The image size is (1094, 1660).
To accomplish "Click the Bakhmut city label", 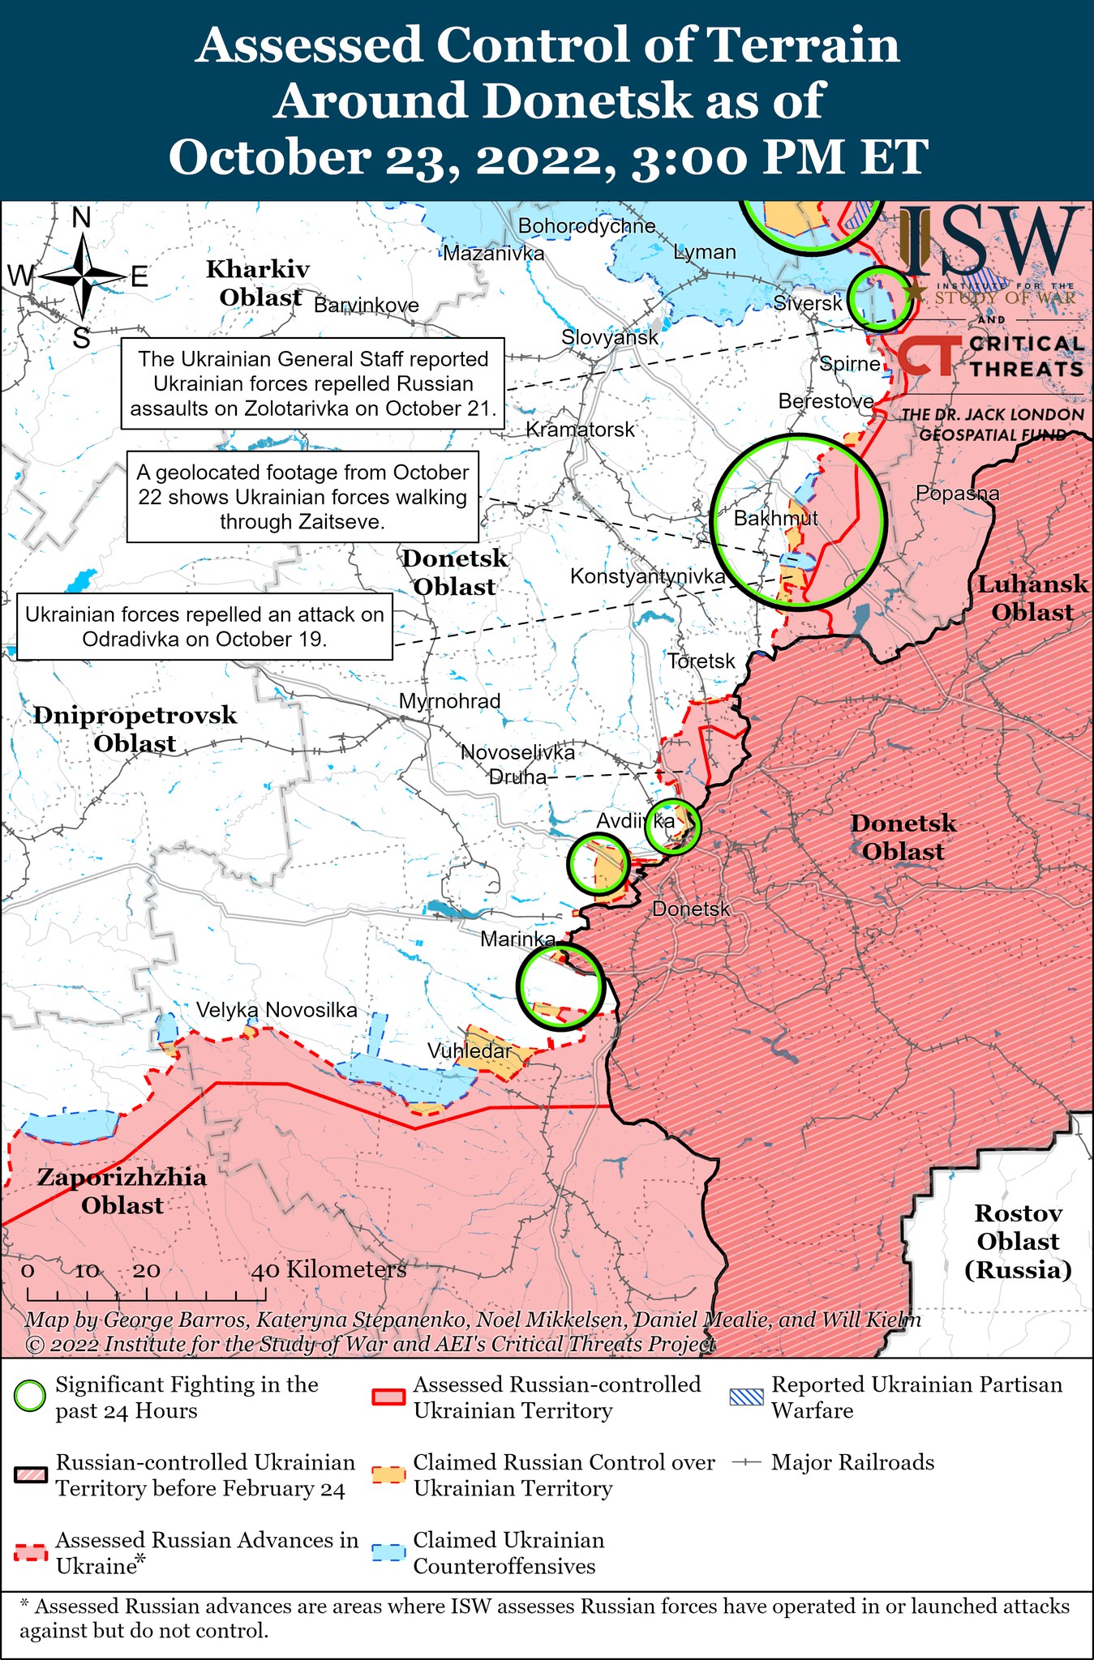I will pyautogui.click(x=775, y=518).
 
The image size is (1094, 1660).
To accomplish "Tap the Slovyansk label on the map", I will pyautogui.click(x=610, y=337).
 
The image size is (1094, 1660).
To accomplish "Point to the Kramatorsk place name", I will pyautogui.click(x=580, y=430).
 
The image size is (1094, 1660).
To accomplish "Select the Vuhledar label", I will pyautogui.click(x=470, y=1051).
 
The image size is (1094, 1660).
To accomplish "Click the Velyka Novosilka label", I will pyautogui.click(x=277, y=1010).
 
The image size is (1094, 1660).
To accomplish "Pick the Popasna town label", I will pyautogui.click(x=957, y=493).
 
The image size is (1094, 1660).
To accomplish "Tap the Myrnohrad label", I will pyautogui.click(x=450, y=701).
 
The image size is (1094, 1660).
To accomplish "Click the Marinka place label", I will pyautogui.click(x=518, y=939).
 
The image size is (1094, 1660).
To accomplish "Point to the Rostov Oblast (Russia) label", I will pyautogui.click(x=1018, y=1241).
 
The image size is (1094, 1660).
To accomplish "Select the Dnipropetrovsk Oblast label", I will pyautogui.click(x=135, y=729).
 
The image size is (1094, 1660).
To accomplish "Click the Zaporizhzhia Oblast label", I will pyautogui.click(x=122, y=1191).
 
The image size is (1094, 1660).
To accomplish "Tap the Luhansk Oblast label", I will pyautogui.click(x=1032, y=598).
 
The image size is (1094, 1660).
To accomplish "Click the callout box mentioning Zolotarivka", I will pyautogui.click(x=313, y=384).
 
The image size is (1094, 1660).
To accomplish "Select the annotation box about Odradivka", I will pyautogui.click(x=204, y=627).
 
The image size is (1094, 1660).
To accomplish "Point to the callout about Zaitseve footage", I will pyautogui.click(x=302, y=497).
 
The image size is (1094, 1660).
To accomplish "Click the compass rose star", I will pyautogui.click(x=82, y=277).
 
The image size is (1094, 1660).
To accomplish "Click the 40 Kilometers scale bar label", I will pyautogui.click(x=328, y=1269).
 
